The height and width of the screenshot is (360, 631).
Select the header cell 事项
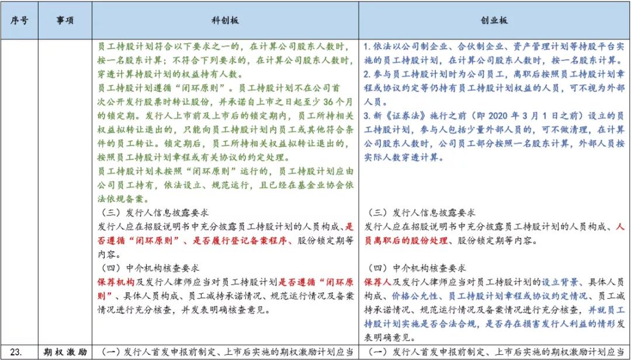tap(65, 19)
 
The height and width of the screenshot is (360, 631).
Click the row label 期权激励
tap(65, 352)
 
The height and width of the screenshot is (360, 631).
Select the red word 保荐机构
tap(117, 282)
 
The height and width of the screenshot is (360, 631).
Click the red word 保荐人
tap(380, 282)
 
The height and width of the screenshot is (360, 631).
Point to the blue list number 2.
tap(365, 74)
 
